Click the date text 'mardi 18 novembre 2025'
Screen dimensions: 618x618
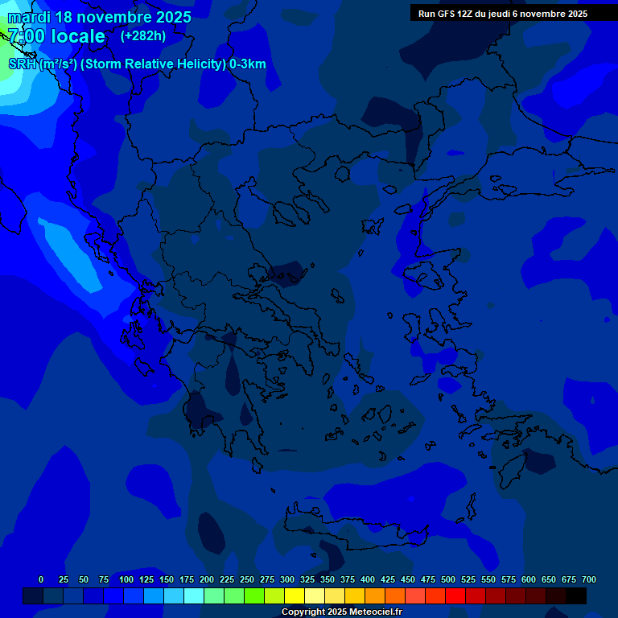(x=99, y=17)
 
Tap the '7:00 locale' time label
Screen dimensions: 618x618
(x=56, y=36)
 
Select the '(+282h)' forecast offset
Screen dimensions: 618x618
(x=143, y=35)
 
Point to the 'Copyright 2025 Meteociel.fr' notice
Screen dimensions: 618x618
(x=341, y=612)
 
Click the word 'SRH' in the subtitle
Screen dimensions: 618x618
(x=23, y=64)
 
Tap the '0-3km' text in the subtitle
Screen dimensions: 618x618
(x=247, y=64)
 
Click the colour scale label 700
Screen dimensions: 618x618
(x=588, y=579)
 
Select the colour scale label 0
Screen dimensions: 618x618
(x=41, y=579)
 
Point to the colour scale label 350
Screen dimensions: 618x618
(x=327, y=579)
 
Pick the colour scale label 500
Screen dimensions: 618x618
(x=447, y=579)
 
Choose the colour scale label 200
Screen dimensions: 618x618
(x=206, y=579)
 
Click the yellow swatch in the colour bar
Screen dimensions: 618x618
(x=295, y=595)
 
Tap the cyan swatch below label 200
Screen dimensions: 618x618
(x=194, y=595)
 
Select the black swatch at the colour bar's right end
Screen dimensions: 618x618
(x=576, y=595)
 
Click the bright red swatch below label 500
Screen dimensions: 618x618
(x=455, y=595)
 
